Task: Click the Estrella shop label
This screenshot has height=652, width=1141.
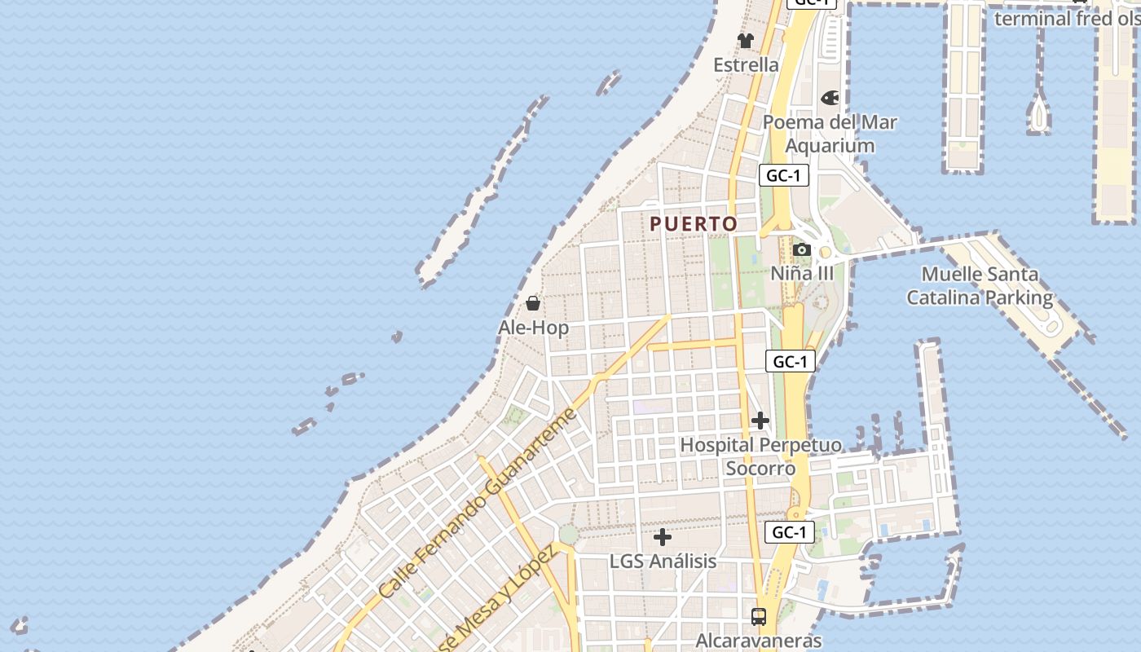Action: (x=746, y=64)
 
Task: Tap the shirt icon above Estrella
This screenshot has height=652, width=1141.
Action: (x=746, y=40)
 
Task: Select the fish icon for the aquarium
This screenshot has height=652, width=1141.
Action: (x=830, y=98)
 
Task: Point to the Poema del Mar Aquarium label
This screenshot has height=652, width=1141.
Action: (x=830, y=134)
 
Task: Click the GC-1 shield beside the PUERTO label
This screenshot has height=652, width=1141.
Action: (x=783, y=175)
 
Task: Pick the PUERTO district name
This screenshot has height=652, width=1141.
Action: (x=694, y=223)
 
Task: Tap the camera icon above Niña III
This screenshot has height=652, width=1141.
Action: (x=802, y=249)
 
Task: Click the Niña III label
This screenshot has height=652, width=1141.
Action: (x=802, y=273)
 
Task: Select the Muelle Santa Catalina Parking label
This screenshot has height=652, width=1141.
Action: (x=980, y=285)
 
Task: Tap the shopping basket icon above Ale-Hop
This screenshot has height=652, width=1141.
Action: (x=533, y=303)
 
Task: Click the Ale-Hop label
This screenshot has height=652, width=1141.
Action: (x=533, y=328)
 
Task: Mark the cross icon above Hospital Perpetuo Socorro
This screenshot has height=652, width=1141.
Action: (x=760, y=421)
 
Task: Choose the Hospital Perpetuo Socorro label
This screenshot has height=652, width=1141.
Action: (x=760, y=456)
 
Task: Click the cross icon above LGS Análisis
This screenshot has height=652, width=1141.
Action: (x=663, y=537)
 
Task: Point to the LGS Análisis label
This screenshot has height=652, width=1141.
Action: (x=663, y=562)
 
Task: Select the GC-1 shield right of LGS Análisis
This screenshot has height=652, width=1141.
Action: (x=790, y=532)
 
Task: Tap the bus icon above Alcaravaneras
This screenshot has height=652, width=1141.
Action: (x=759, y=616)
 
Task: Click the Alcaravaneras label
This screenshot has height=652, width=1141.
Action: (x=758, y=641)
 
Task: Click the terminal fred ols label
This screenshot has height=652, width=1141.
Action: (x=1064, y=18)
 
